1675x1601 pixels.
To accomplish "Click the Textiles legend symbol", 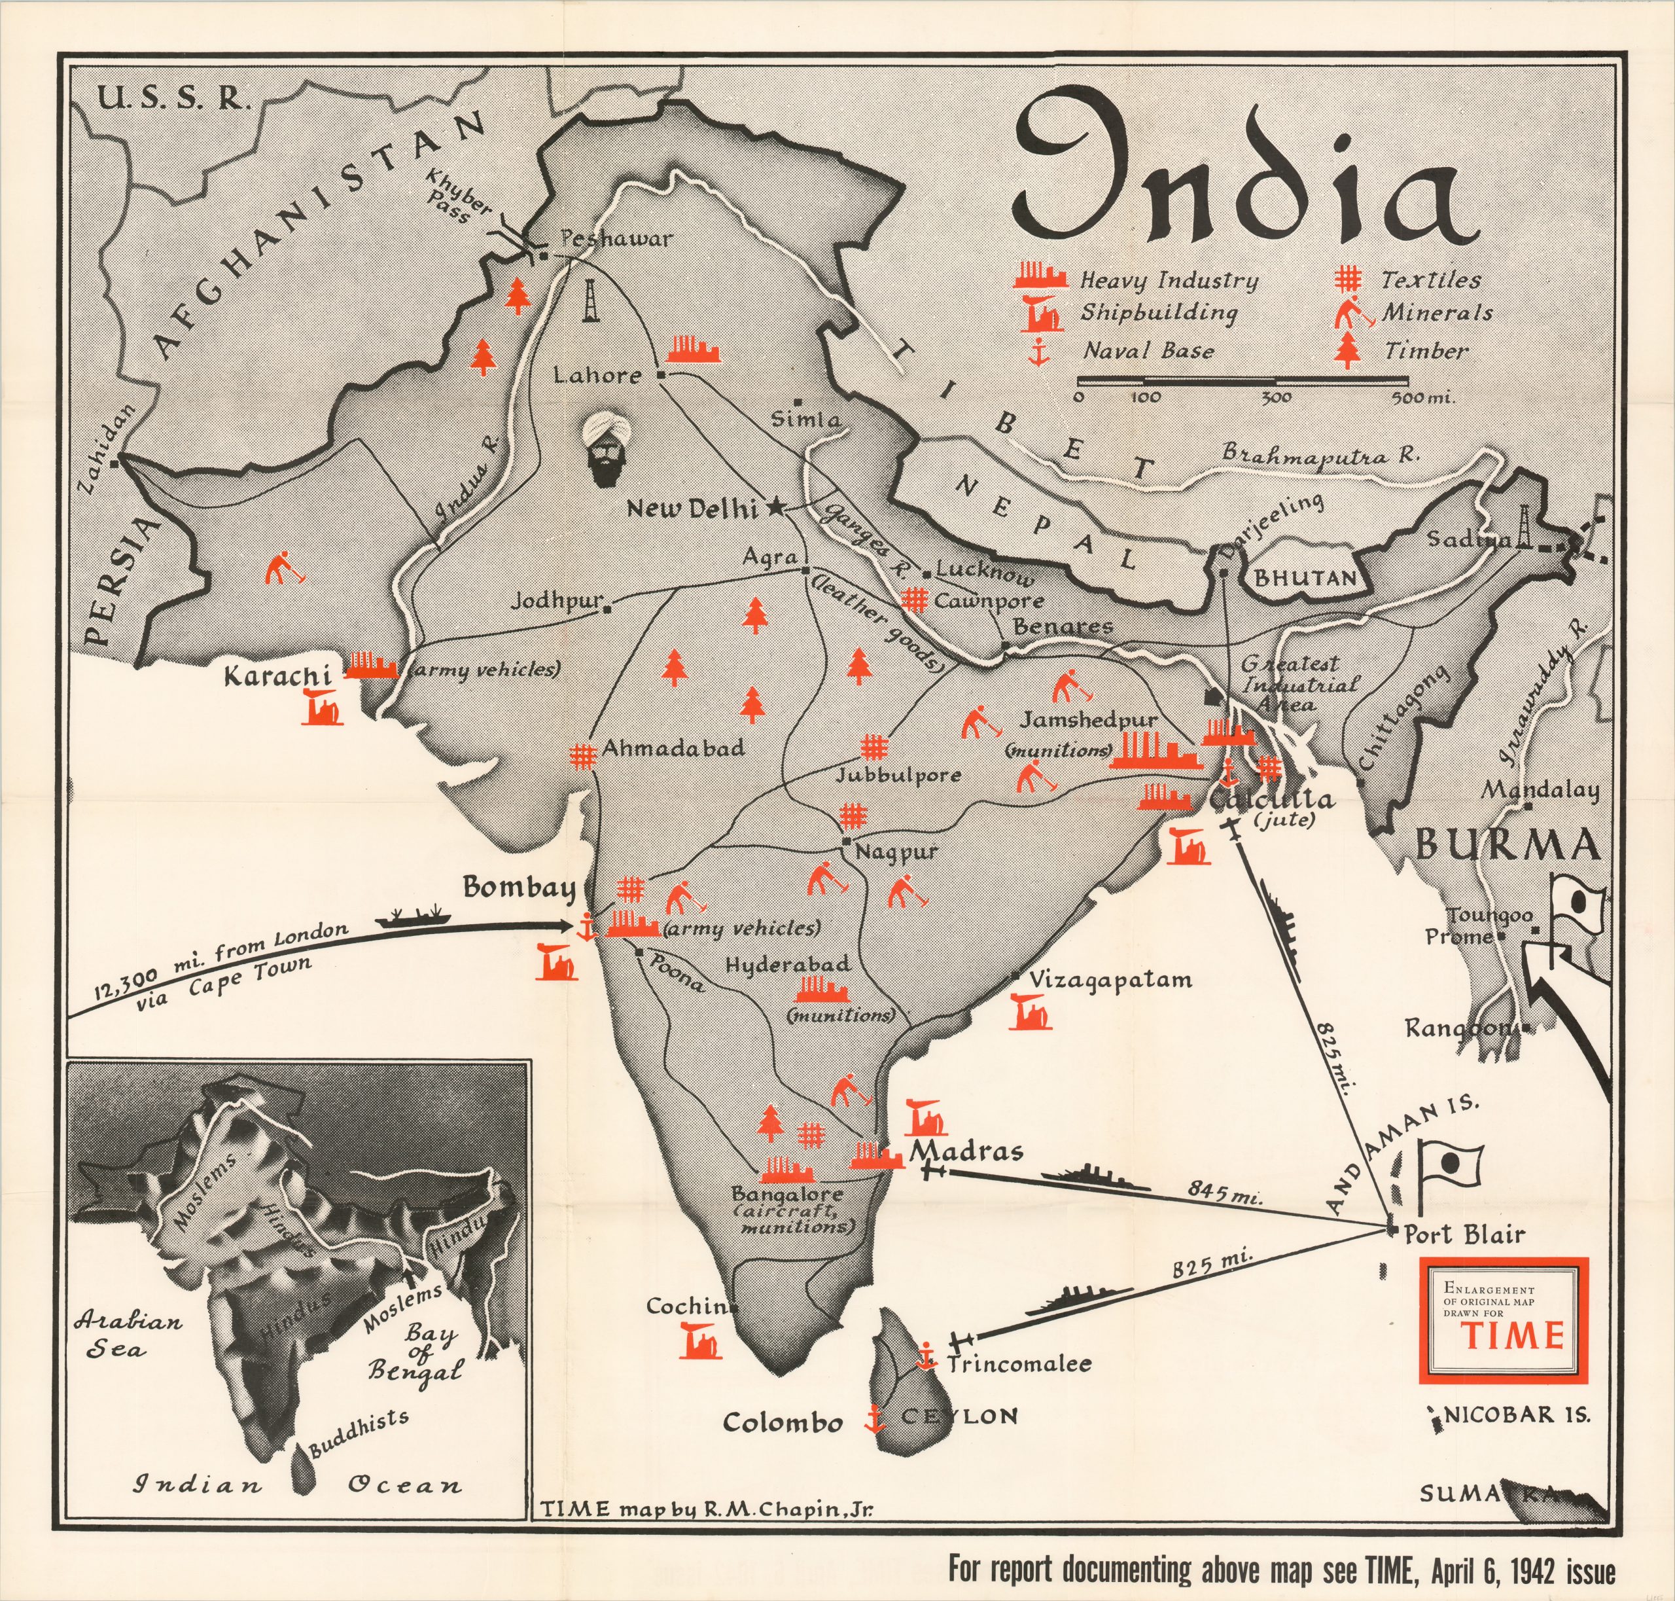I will (1349, 279).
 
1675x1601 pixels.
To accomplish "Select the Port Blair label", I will (1464, 1234).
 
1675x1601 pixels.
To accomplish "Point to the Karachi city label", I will (277, 676).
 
